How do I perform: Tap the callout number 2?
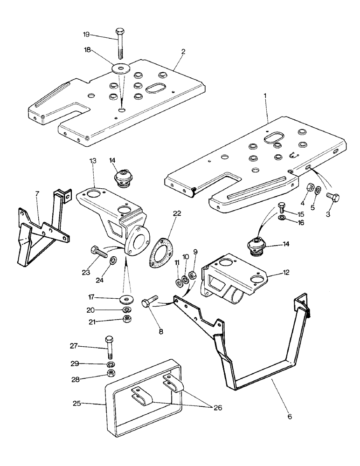pos(183,52)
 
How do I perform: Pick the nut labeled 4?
pos(310,189)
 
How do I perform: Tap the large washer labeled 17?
pos(126,298)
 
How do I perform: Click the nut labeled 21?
pos(125,319)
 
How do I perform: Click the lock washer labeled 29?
pos(111,364)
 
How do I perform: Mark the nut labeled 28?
pos(111,374)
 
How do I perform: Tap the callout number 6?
pos(290,416)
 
